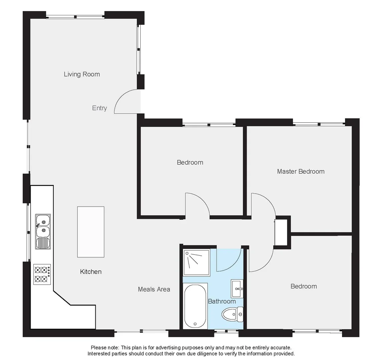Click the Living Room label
tap(82, 74)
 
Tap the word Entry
tap(99, 108)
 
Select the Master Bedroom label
tap(301, 171)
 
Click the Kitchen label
tap(91, 272)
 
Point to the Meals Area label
tap(154, 289)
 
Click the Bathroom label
tap(222, 301)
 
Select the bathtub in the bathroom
tap(195, 306)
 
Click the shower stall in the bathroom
tap(196, 262)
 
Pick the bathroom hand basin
tap(237, 288)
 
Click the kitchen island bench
tap(91, 232)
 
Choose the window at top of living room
tap(75, 17)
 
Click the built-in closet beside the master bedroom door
tap(282, 232)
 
